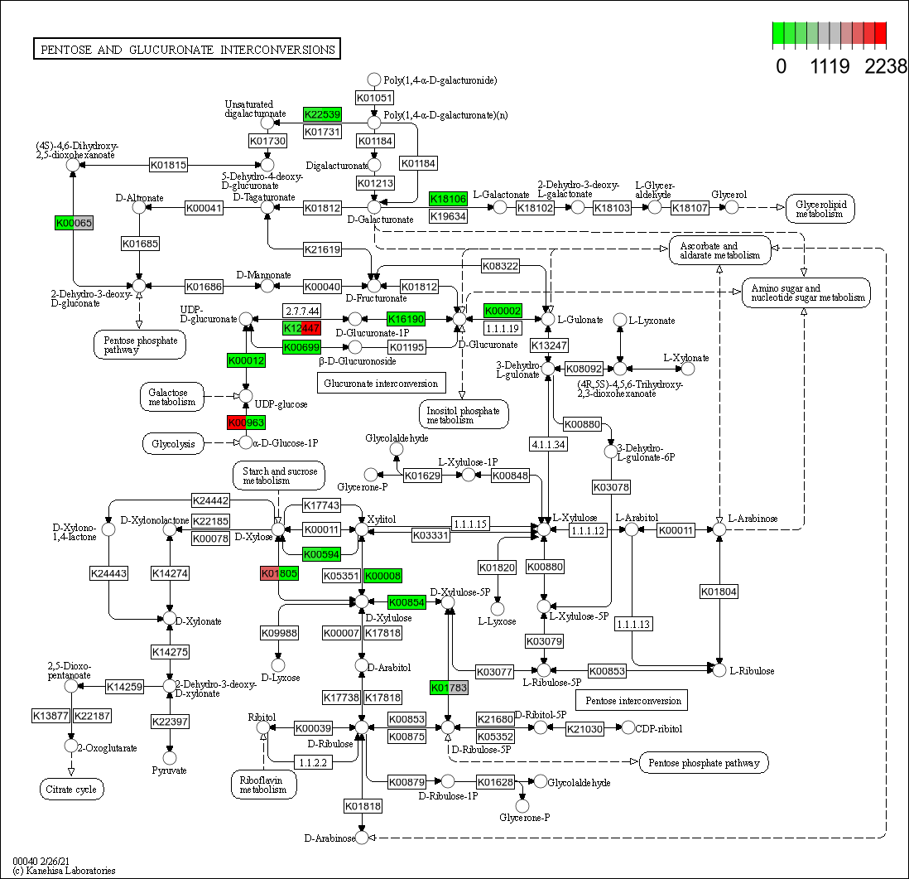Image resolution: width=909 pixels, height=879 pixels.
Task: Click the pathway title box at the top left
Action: point(186,50)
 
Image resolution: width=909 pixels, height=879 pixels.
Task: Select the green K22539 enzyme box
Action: point(322,114)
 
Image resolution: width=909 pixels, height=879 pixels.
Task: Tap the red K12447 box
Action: point(301,328)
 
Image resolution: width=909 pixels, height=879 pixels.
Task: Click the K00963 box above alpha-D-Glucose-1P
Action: point(246,423)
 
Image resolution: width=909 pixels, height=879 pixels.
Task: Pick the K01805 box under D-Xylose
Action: point(279,573)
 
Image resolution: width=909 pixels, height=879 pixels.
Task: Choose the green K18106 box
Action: point(448,199)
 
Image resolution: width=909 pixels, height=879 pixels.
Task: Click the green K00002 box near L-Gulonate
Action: point(503,311)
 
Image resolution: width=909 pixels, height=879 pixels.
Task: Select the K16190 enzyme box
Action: point(406,319)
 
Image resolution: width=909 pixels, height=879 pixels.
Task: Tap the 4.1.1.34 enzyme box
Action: point(549,444)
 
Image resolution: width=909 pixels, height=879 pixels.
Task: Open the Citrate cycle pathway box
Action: point(72,790)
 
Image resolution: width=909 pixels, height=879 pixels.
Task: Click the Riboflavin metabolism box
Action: point(263,784)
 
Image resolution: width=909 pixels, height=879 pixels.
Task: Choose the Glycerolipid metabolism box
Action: point(820,209)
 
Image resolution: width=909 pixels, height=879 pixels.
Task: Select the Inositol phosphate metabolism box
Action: point(463,415)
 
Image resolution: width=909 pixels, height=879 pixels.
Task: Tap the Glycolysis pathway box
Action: point(173,444)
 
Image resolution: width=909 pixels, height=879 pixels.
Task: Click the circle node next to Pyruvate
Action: point(170,757)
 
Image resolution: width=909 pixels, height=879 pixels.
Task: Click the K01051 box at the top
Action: point(373,98)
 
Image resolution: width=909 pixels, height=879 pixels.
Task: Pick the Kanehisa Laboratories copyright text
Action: point(64,871)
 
